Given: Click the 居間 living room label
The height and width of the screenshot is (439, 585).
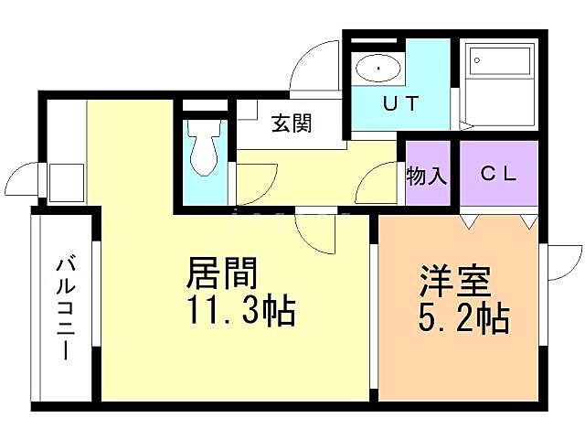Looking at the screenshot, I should [x=222, y=273].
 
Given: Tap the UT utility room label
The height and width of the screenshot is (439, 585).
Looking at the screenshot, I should [x=400, y=103].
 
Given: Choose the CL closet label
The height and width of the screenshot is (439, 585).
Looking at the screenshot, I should [x=498, y=174].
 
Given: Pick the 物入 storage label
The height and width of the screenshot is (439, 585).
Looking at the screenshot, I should [x=427, y=175].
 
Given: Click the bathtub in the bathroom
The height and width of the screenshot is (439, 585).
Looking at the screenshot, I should [x=499, y=63].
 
